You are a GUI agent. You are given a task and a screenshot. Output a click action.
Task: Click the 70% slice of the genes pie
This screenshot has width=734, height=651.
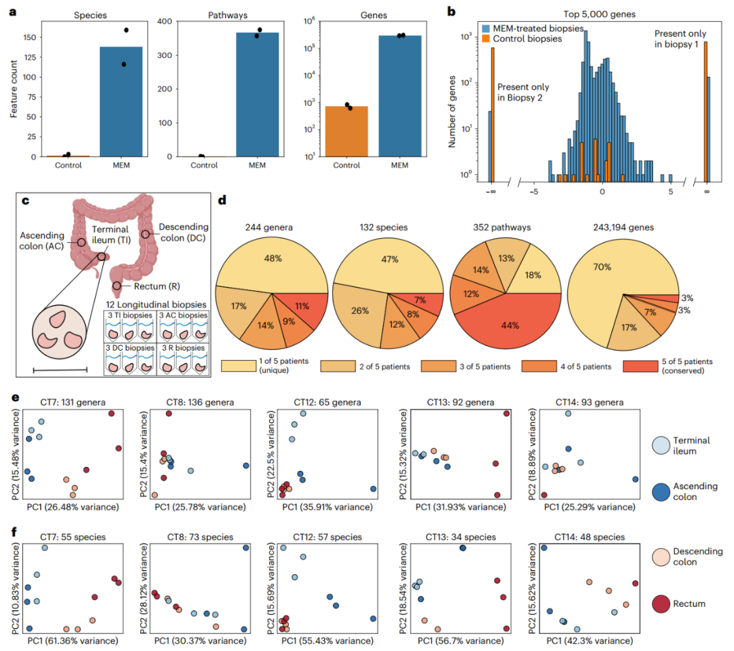612,272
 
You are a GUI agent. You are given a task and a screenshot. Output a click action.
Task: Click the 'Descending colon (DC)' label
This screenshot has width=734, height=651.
183,231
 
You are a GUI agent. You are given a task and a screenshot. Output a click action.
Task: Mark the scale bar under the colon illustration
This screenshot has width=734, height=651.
60,370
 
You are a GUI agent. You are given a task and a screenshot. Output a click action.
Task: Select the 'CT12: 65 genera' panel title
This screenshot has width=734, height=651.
310,400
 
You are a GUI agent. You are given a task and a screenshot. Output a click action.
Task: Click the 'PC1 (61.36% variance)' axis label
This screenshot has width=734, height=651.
69,640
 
